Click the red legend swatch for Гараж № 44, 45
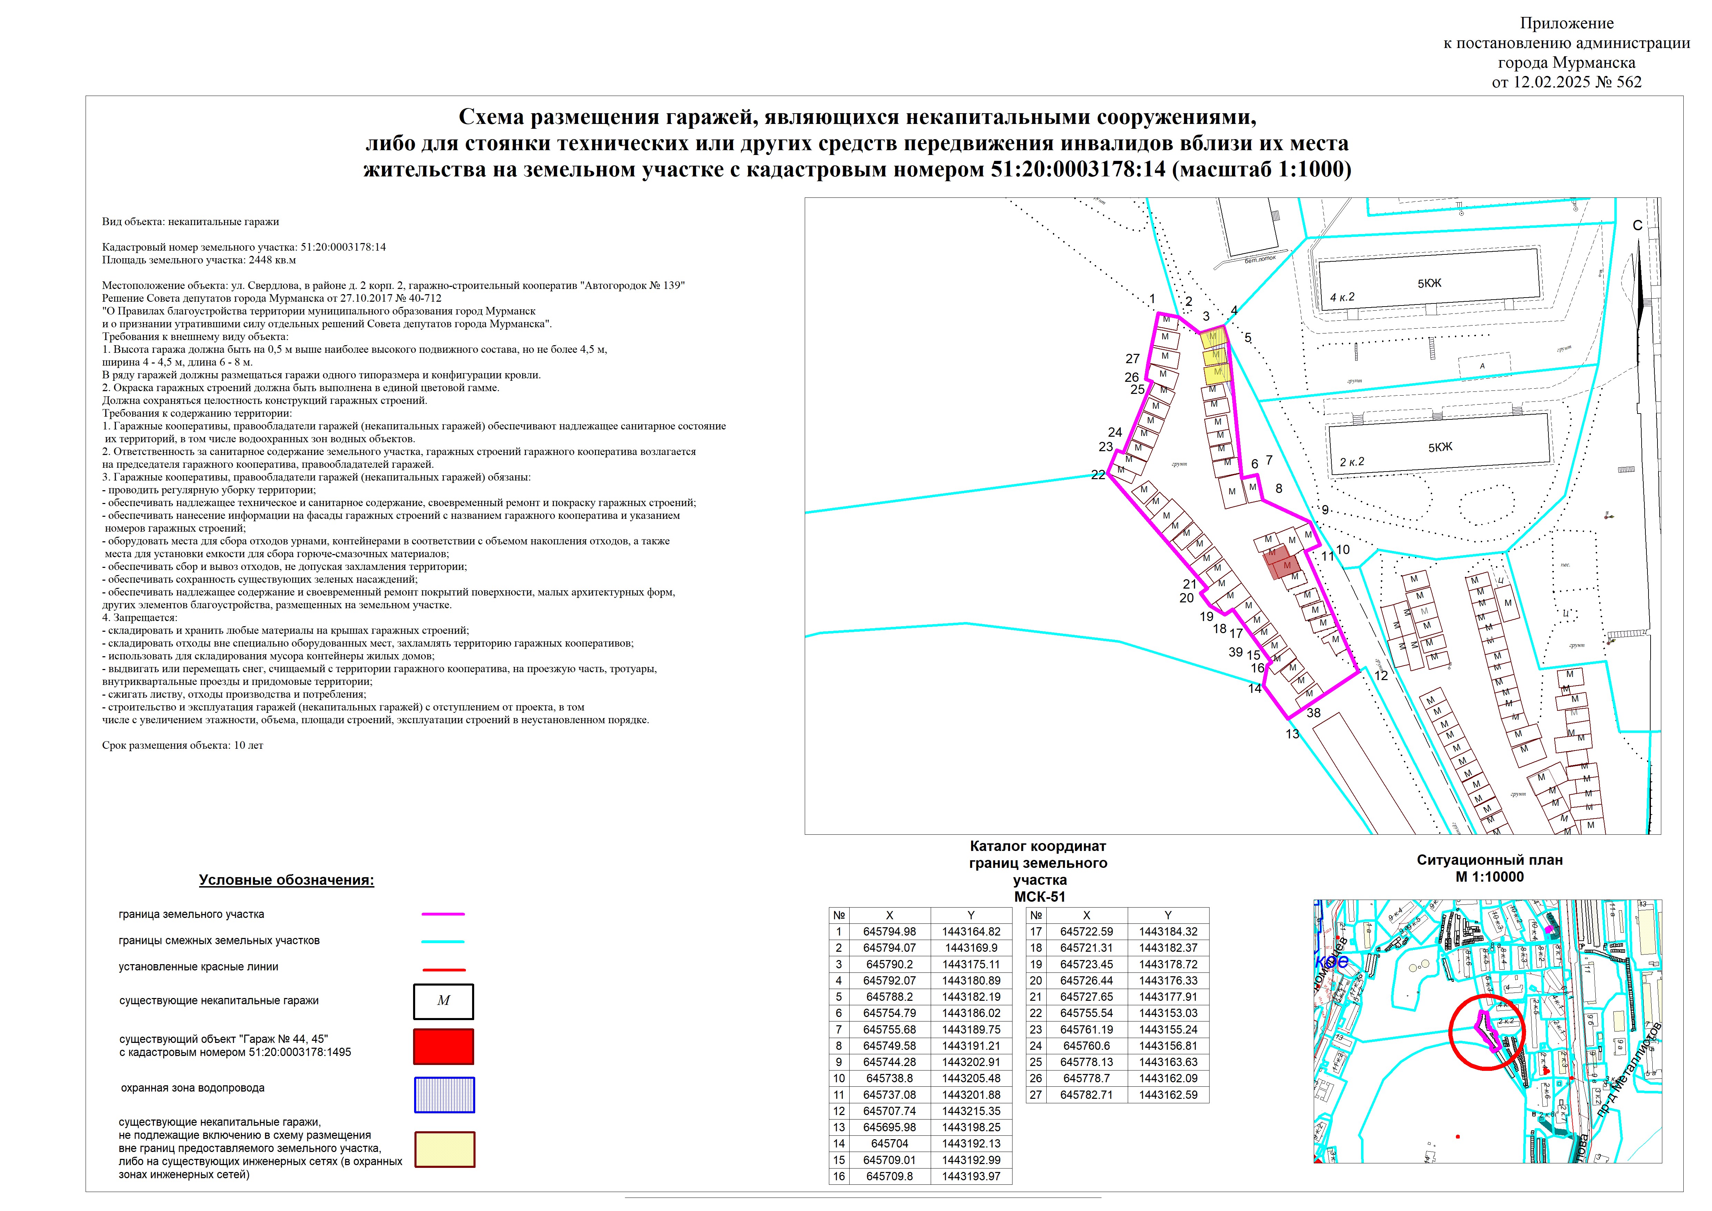444,1046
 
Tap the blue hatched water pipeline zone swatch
444,1095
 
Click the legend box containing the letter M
444,1001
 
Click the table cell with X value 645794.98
890,931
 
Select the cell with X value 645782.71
1086,1095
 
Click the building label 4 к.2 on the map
1342,297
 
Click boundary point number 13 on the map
1292,734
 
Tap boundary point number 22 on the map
1098,475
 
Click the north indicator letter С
1637,225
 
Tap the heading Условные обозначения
286,880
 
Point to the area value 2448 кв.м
272,260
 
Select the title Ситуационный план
1490,860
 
